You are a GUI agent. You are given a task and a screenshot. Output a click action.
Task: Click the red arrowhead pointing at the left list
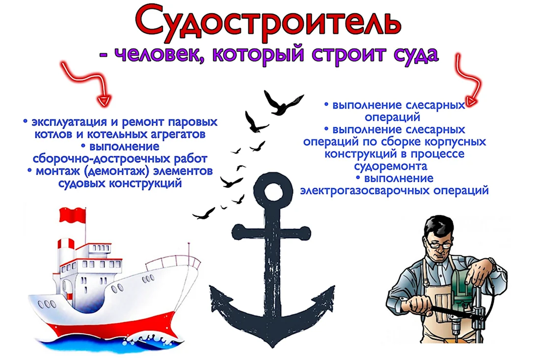pos(104,100)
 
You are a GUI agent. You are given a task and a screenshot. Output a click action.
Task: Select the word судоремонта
pos(391,166)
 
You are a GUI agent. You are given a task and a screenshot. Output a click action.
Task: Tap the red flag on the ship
pos(72,215)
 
